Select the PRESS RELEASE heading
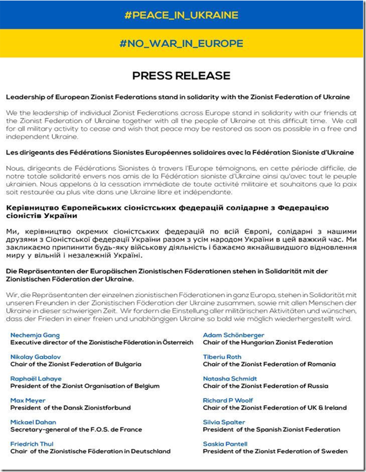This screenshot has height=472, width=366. coord(181,76)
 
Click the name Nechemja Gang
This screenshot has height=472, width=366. coord(35,335)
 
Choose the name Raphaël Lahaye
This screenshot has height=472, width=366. coord(36,379)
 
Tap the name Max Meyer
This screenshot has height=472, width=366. coord(28,400)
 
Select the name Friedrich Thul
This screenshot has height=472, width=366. coord(32,444)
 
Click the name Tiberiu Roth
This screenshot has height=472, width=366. coord(222,357)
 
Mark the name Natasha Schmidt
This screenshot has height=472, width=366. coord(230,379)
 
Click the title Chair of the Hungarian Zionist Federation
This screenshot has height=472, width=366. coord(268,342)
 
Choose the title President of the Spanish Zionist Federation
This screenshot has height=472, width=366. coord(272,430)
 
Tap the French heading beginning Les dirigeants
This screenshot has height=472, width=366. coord(180,152)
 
